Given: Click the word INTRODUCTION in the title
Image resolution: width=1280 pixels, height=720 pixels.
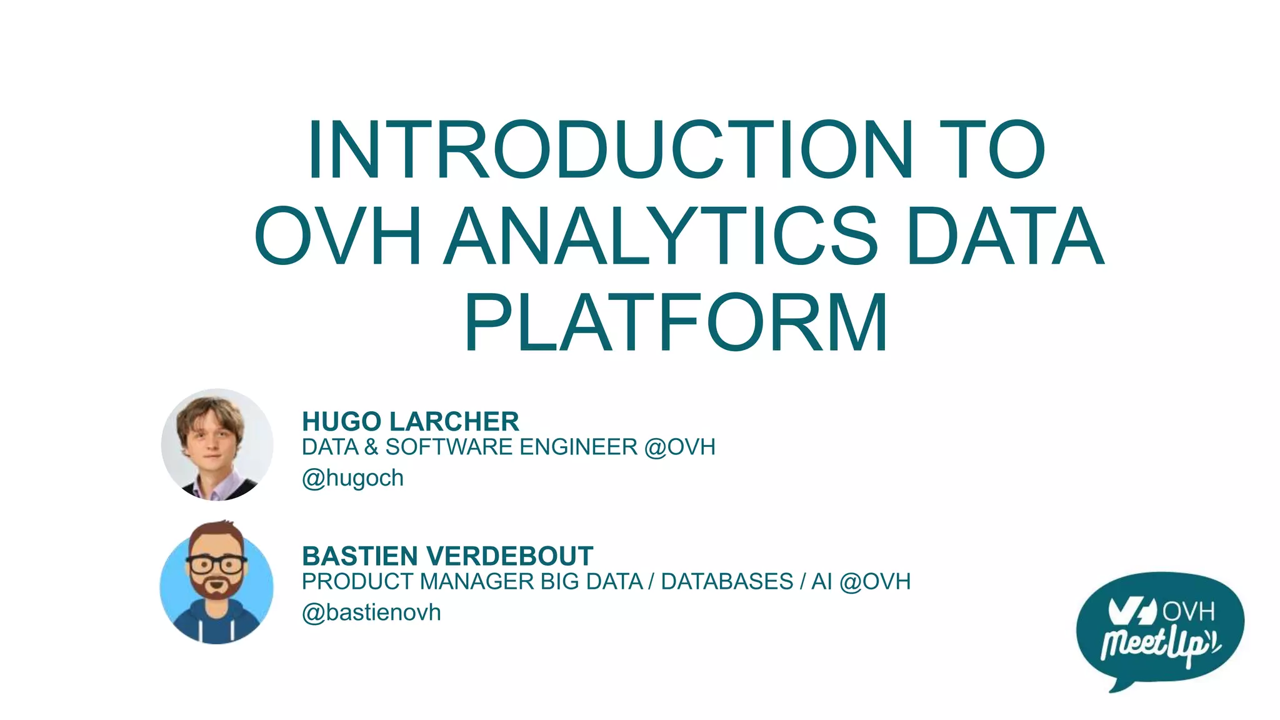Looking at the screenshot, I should point(609,151).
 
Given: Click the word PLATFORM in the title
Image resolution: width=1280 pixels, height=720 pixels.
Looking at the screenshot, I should point(676,323).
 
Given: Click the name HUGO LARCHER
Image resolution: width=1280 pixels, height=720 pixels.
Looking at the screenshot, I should point(410,422).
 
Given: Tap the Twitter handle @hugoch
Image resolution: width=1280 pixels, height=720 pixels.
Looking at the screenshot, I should point(352,478).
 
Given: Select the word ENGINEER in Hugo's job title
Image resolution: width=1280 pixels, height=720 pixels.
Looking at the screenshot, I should point(578,447).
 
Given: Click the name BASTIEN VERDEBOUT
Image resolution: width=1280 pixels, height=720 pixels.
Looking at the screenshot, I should point(447,556).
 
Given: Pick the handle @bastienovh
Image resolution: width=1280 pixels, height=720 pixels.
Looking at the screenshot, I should point(371,612).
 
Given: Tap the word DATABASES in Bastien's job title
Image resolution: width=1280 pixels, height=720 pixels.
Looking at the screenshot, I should point(727,582).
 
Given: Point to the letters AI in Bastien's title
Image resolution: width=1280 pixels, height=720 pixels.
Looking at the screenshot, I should point(821,582).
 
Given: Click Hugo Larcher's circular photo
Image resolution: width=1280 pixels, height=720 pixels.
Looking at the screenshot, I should point(217,444).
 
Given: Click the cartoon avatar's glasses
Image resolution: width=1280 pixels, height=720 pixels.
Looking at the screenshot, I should point(216,564).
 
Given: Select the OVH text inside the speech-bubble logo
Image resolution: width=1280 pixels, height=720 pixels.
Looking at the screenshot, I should point(1188,611).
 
